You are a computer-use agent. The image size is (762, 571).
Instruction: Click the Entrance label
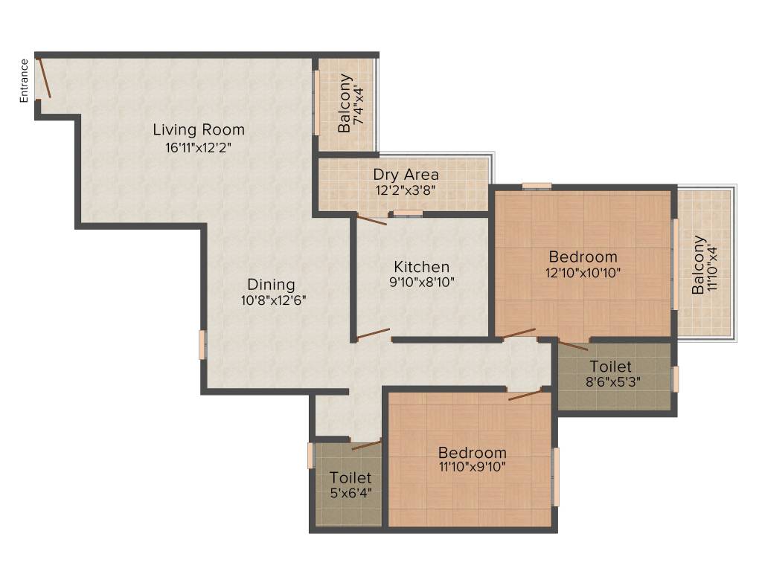pos(24,80)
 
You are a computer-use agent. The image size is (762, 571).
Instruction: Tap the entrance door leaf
pos(45,78)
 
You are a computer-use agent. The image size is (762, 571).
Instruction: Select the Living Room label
pos(199,129)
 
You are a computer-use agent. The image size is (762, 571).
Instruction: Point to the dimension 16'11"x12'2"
pos(199,147)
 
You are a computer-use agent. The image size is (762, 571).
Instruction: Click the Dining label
pos(271,284)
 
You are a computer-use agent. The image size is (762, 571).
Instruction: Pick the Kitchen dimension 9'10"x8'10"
pos(421,282)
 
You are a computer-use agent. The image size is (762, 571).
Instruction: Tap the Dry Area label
pos(406,175)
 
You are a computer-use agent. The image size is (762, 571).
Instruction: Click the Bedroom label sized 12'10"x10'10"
pos(583,257)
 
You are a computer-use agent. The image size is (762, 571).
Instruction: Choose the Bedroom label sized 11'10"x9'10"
pos(472,452)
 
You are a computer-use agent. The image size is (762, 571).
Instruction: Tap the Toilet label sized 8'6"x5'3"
pos(610,367)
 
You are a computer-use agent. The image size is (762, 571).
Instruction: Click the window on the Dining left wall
pos(202,345)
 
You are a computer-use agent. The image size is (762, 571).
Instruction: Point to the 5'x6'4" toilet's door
pos(365,445)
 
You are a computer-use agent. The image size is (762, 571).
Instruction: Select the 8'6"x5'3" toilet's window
pos(676,378)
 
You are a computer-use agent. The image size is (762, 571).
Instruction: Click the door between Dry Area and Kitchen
pos(371,216)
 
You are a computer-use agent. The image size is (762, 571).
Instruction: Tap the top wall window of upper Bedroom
pos(536,186)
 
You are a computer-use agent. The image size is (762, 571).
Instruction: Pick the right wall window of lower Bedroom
pos(555,477)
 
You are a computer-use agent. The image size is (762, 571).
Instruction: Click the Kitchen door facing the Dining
pos(373,334)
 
